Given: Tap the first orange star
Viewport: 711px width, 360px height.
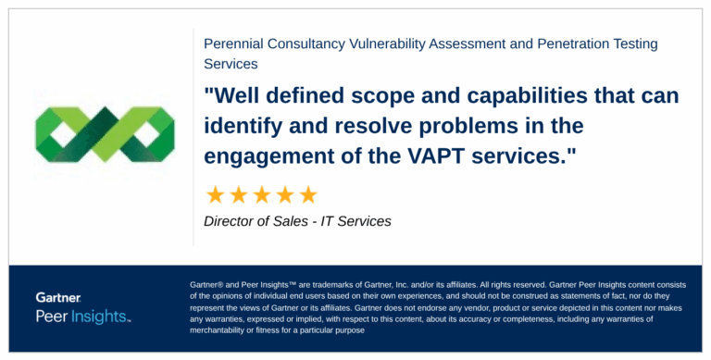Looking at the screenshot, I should click(x=216, y=194).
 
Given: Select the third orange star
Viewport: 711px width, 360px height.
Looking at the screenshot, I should click(x=262, y=194).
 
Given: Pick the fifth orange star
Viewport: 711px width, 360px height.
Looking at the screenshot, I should click(x=308, y=194).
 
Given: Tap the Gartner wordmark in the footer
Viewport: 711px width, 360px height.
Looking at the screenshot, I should click(x=58, y=298).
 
